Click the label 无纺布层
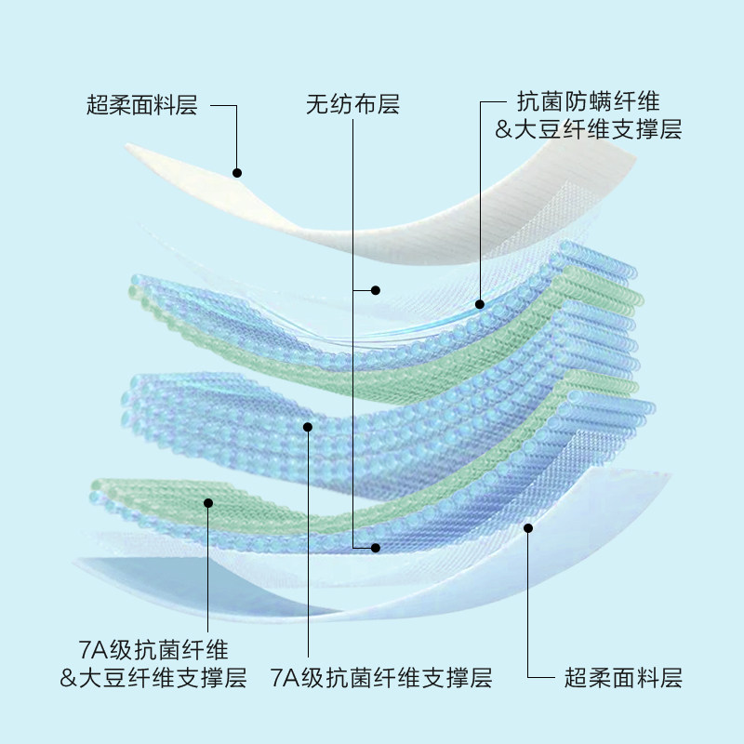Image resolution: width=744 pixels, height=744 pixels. [352, 104]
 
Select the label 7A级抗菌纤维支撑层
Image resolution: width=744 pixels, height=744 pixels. [380, 677]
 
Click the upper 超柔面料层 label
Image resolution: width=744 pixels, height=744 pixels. [142, 104]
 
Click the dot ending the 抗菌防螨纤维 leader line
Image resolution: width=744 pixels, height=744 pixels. [480, 303]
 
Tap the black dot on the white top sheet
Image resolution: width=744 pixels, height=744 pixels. [237, 173]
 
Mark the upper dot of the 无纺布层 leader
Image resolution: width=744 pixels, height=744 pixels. [376, 290]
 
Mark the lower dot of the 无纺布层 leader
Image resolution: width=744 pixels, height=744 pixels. [376, 547]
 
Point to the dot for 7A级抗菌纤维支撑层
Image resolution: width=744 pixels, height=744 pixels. [308, 427]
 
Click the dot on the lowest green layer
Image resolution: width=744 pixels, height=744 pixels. [208, 503]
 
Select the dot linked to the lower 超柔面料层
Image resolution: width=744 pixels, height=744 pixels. [528, 528]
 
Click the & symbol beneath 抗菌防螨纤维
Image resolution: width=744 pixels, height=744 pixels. [505, 130]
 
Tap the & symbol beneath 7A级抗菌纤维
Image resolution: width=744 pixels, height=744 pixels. [68, 677]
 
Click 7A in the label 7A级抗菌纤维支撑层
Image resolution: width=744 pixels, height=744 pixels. [283, 677]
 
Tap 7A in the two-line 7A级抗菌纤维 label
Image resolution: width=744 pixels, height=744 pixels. [92, 649]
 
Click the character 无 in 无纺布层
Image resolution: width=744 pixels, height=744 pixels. [317, 104]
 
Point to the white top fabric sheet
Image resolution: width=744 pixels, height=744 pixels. [391, 223]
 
